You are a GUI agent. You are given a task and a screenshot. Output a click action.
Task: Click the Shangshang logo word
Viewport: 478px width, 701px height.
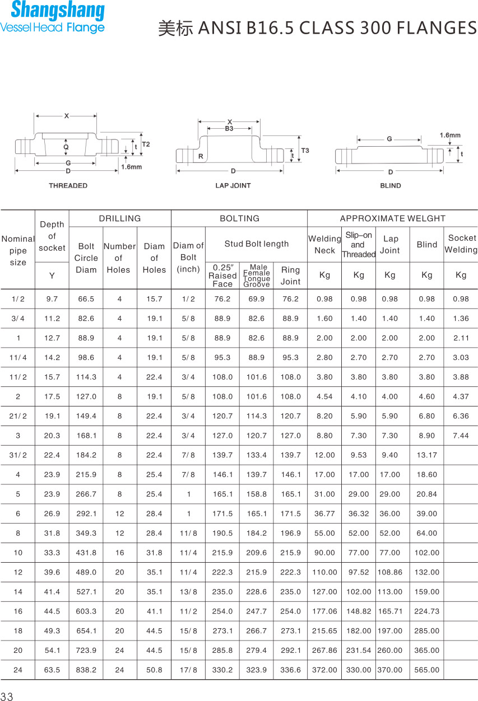58,11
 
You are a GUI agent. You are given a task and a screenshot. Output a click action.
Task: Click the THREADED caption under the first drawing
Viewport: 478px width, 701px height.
68,185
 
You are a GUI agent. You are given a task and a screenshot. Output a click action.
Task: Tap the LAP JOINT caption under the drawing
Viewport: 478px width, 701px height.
233,185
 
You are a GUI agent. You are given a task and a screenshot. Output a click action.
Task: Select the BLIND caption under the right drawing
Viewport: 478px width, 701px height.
391,185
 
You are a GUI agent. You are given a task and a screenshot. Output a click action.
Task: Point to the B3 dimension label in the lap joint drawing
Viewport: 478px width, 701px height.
229,129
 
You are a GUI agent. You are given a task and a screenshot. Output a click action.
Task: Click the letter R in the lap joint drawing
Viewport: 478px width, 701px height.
200,156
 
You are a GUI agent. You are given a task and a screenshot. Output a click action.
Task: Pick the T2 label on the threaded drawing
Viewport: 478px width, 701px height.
146,144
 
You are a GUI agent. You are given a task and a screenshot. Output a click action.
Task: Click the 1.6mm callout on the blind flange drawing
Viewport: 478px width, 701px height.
449,135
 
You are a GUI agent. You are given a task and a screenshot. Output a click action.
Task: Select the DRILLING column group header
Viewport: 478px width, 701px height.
120,218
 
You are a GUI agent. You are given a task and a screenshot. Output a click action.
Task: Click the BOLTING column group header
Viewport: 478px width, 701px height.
239,218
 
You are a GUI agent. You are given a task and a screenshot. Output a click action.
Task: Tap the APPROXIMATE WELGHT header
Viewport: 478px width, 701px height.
392,218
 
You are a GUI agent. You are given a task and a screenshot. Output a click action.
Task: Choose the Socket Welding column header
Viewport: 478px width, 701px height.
462,244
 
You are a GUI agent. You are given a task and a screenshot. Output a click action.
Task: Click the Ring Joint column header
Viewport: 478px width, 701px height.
290,275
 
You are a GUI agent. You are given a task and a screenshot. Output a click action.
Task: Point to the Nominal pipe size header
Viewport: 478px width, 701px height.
18,250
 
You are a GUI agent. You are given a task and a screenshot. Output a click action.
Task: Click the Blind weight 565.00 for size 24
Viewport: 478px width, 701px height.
427,670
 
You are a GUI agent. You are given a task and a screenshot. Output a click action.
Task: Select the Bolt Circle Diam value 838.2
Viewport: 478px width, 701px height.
86,670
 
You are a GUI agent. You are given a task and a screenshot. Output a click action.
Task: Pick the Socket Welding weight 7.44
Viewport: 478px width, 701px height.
461,436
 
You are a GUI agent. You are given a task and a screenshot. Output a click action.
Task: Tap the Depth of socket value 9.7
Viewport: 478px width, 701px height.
52,299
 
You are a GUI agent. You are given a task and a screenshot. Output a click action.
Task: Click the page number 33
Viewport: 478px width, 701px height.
7,696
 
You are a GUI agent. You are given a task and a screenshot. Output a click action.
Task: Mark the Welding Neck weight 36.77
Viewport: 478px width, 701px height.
324,513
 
